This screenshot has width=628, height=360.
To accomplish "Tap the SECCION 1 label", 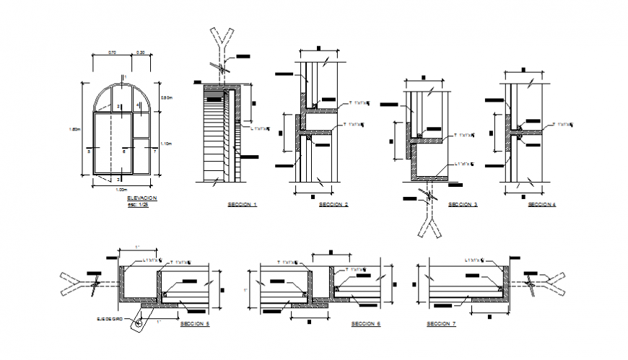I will [243, 205].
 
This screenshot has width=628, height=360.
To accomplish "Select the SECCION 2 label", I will [333, 205].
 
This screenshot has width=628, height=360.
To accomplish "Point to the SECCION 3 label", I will [463, 205].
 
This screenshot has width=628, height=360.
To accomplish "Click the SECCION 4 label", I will [541, 205].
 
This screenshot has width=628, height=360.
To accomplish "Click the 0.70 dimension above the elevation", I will [112, 53].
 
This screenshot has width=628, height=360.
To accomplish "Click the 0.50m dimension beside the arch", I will [165, 98].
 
